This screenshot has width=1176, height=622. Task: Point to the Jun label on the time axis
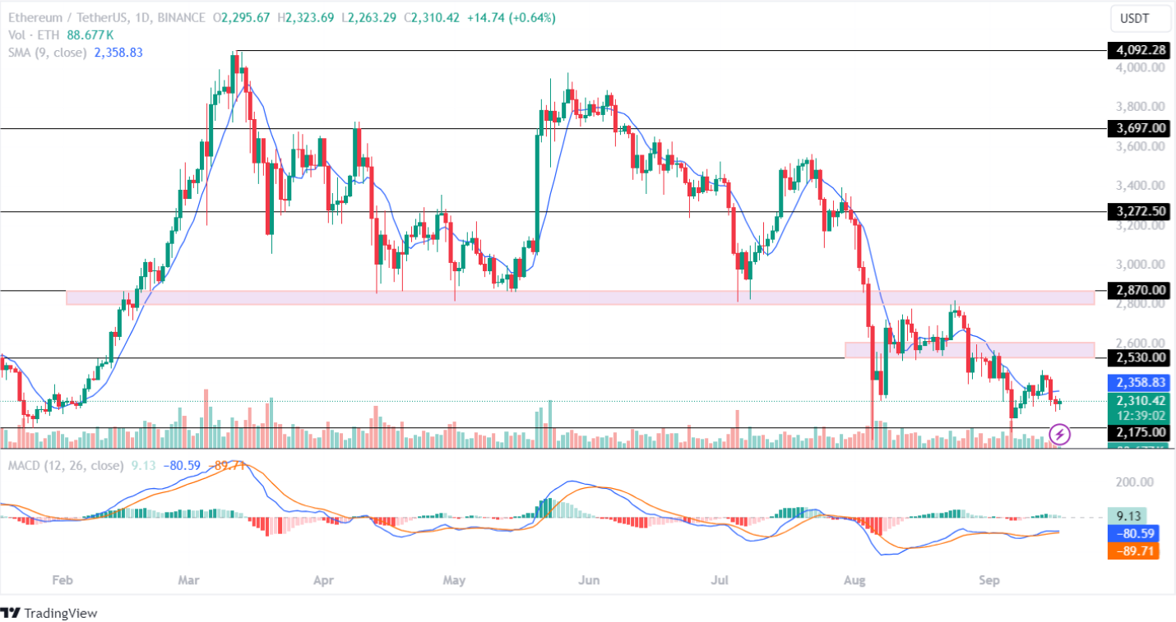point(588,581)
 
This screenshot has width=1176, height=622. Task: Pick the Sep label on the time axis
point(989,581)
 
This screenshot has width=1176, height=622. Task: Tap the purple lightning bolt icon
point(1060,433)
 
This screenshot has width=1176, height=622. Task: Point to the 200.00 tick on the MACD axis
point(1135,481)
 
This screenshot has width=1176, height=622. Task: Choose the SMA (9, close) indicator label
point(50,53)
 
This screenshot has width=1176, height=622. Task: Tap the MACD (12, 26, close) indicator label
point(64,466)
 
